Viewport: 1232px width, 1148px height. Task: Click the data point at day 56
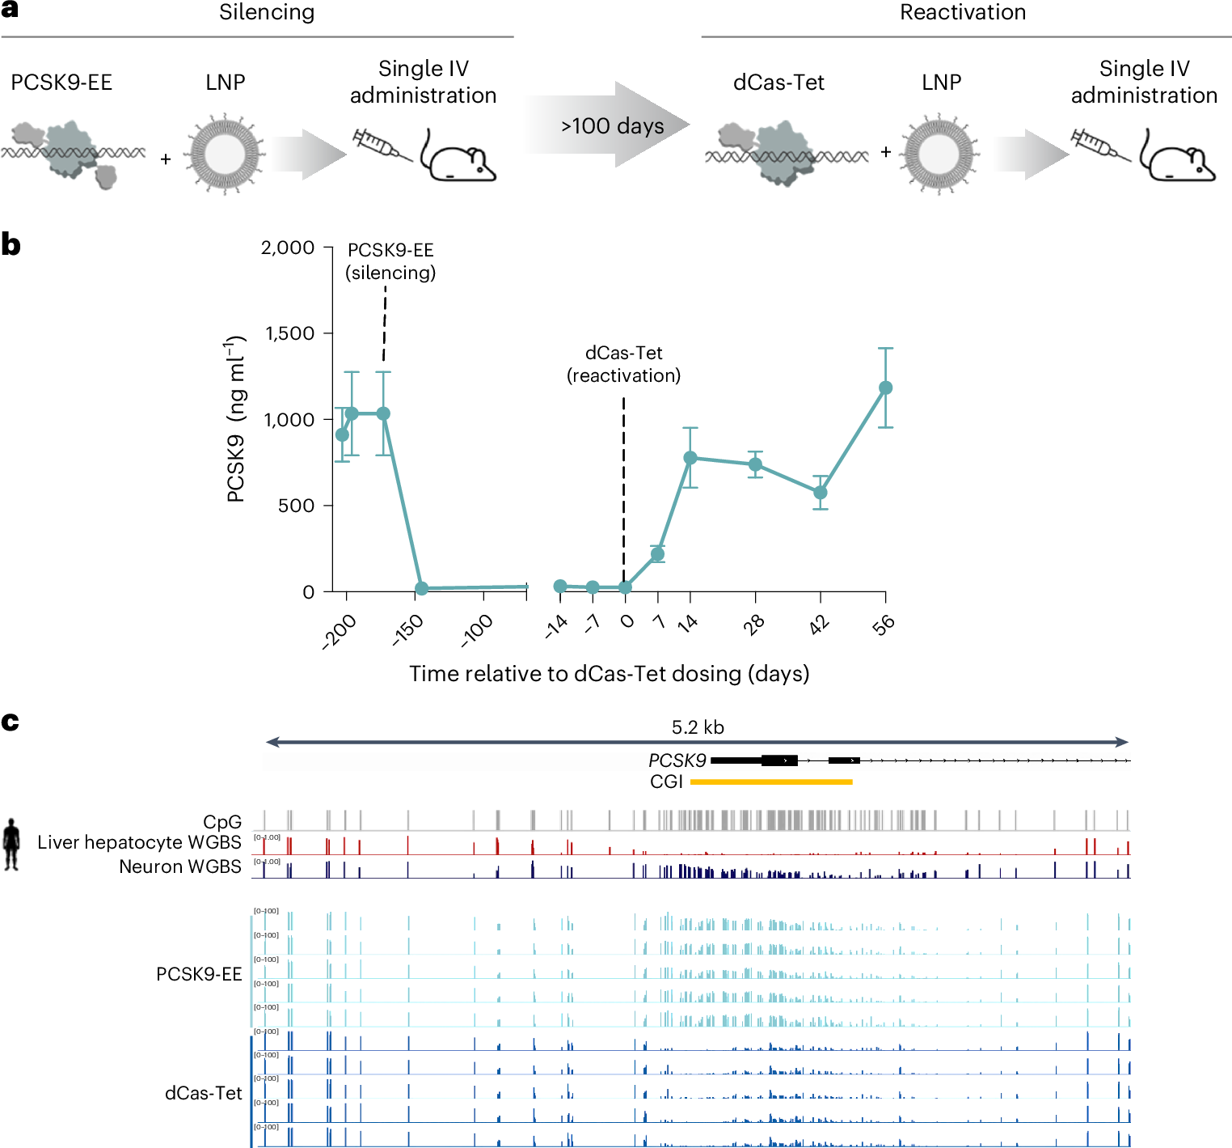885,388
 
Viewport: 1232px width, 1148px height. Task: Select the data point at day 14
690,458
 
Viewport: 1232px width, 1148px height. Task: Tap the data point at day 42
821,492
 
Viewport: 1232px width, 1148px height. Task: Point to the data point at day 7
658,554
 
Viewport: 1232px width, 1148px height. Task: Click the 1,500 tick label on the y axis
289,333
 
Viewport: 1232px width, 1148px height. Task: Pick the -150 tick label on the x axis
407,630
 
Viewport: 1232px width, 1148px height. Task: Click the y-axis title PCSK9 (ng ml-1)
235,419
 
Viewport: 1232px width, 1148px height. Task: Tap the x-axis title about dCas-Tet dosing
609,674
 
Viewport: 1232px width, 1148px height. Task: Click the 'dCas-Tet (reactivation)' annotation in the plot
623,364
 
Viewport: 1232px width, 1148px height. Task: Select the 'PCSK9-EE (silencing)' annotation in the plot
390,261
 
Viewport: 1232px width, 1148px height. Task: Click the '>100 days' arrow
611,125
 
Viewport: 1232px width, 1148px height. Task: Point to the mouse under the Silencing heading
458,157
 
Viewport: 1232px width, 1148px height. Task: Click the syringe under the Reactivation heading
1097,146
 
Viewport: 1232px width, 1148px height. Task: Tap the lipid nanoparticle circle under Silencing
224,154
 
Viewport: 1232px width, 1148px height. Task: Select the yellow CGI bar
771,782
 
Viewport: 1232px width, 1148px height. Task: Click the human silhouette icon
11,844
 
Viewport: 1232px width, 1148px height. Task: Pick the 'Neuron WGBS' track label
179,866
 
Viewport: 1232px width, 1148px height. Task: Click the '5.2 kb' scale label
698,727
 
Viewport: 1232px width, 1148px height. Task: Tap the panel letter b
11,244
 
